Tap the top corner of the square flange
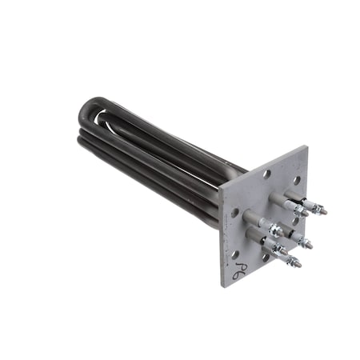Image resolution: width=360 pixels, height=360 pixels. click(x=306, y=146)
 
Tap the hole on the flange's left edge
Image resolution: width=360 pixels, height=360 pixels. click(x=235, y=213)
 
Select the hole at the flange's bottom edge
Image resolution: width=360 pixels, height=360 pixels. click(x=265, y=258)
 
